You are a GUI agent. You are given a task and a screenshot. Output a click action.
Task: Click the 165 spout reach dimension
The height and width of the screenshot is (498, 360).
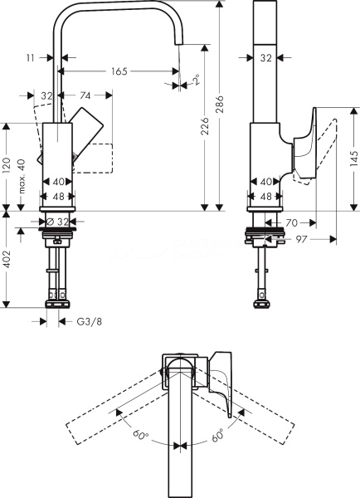[x=119, y=72]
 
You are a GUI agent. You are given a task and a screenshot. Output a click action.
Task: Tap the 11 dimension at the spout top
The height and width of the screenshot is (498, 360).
[x=30, y=58]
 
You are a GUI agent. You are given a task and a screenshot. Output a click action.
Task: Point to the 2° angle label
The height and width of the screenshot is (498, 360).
[x=195, y=81]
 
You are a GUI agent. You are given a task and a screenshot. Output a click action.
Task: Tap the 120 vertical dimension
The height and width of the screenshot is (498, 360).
[x=7, y=165]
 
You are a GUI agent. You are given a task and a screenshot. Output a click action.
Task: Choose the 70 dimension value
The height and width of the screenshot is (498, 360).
[x=292, y=222]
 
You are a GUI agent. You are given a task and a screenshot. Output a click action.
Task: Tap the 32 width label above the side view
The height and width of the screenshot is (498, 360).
[x=265, y=58]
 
